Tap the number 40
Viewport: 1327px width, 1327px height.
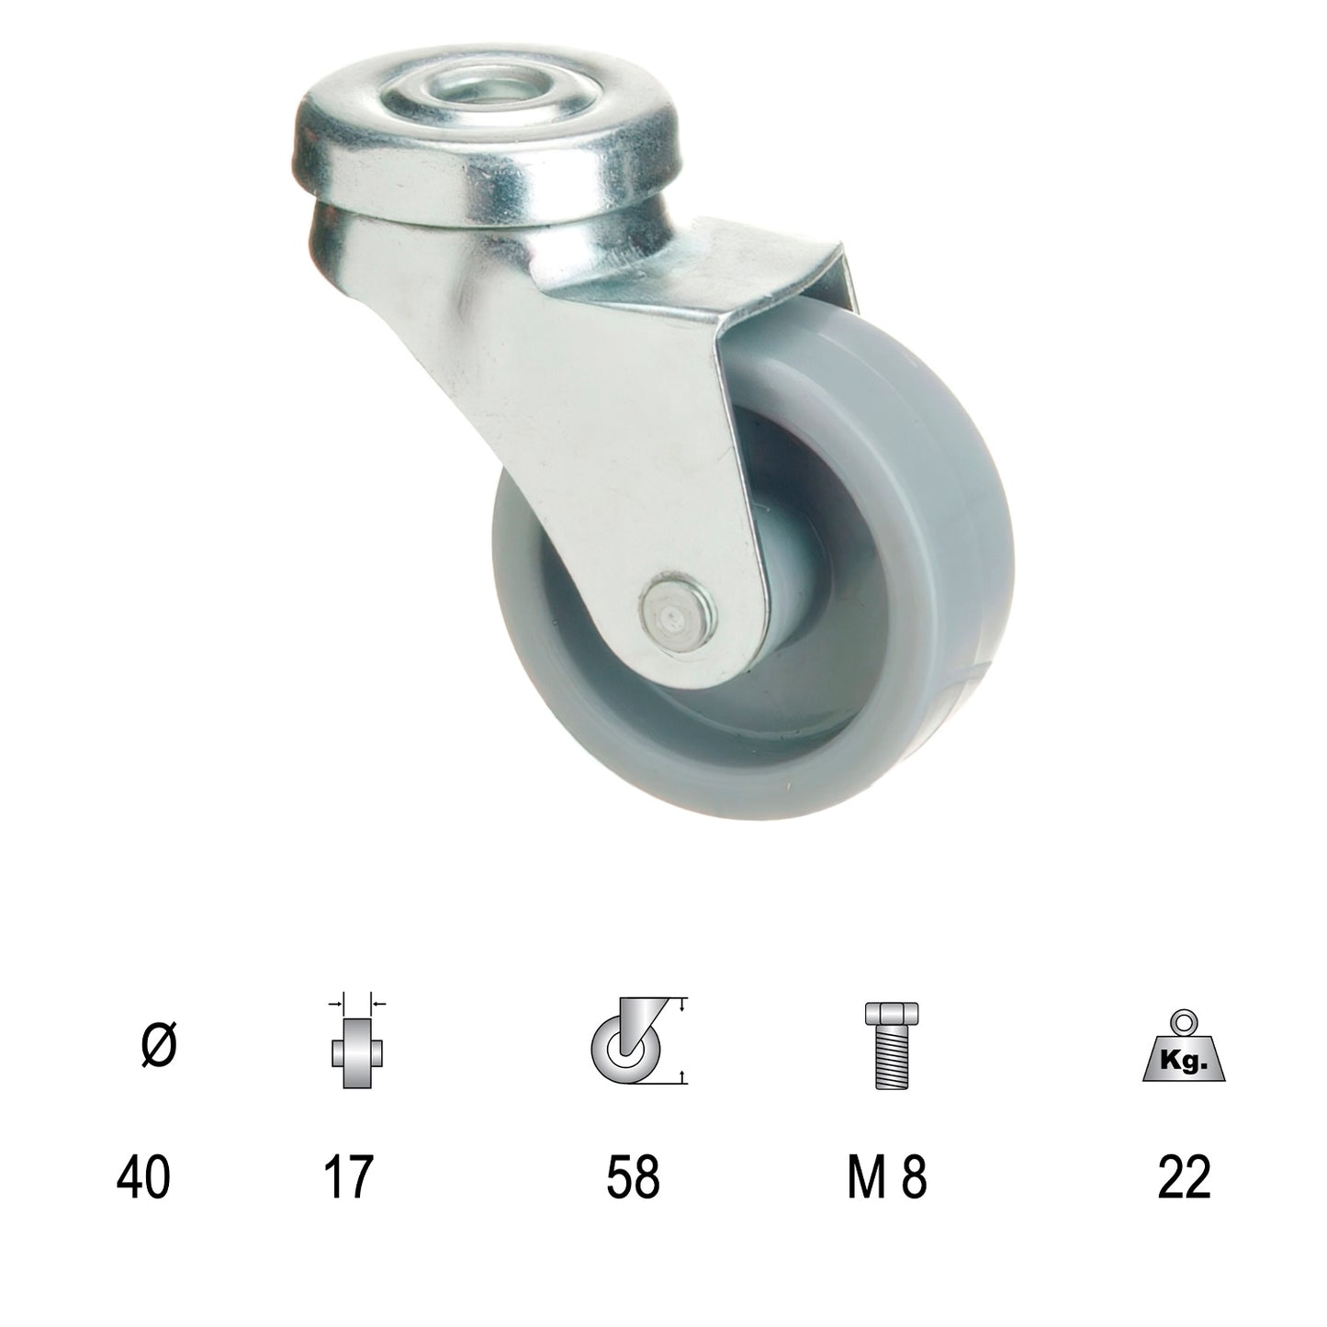click(x=144, y=1178)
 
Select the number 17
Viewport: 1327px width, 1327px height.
click(x=348, y=1178)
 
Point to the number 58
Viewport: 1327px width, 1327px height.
click(x=634, y=1178)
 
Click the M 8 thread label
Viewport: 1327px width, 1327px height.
click(x=887, y=1178)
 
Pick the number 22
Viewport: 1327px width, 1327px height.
click(x=1185, y=1178)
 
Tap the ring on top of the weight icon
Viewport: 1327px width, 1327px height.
click(x=1185, y=1021)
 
